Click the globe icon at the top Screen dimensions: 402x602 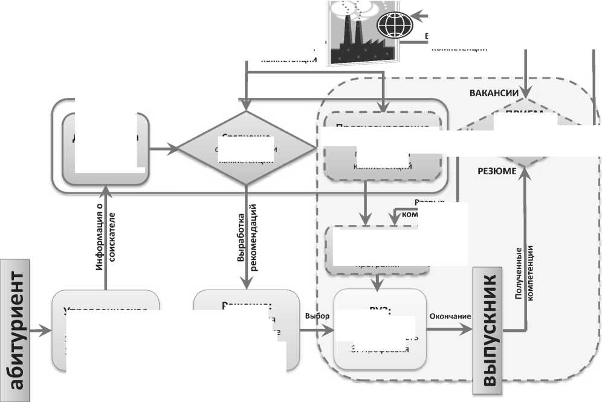click(x=395, y=25)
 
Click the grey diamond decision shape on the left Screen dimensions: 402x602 click(x=246, y=147)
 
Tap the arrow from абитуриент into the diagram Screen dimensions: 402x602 click(x=42, y=330)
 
